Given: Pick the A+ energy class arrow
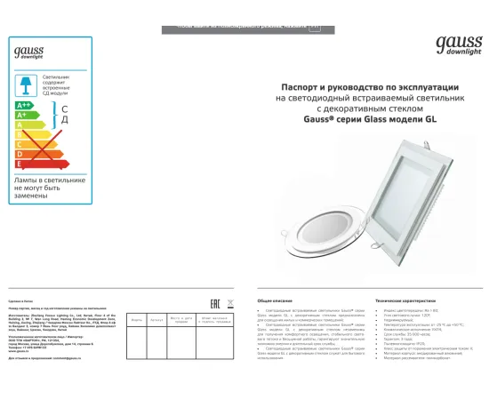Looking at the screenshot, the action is tap(26, 116).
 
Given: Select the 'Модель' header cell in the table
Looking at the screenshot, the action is tap(136, 319).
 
